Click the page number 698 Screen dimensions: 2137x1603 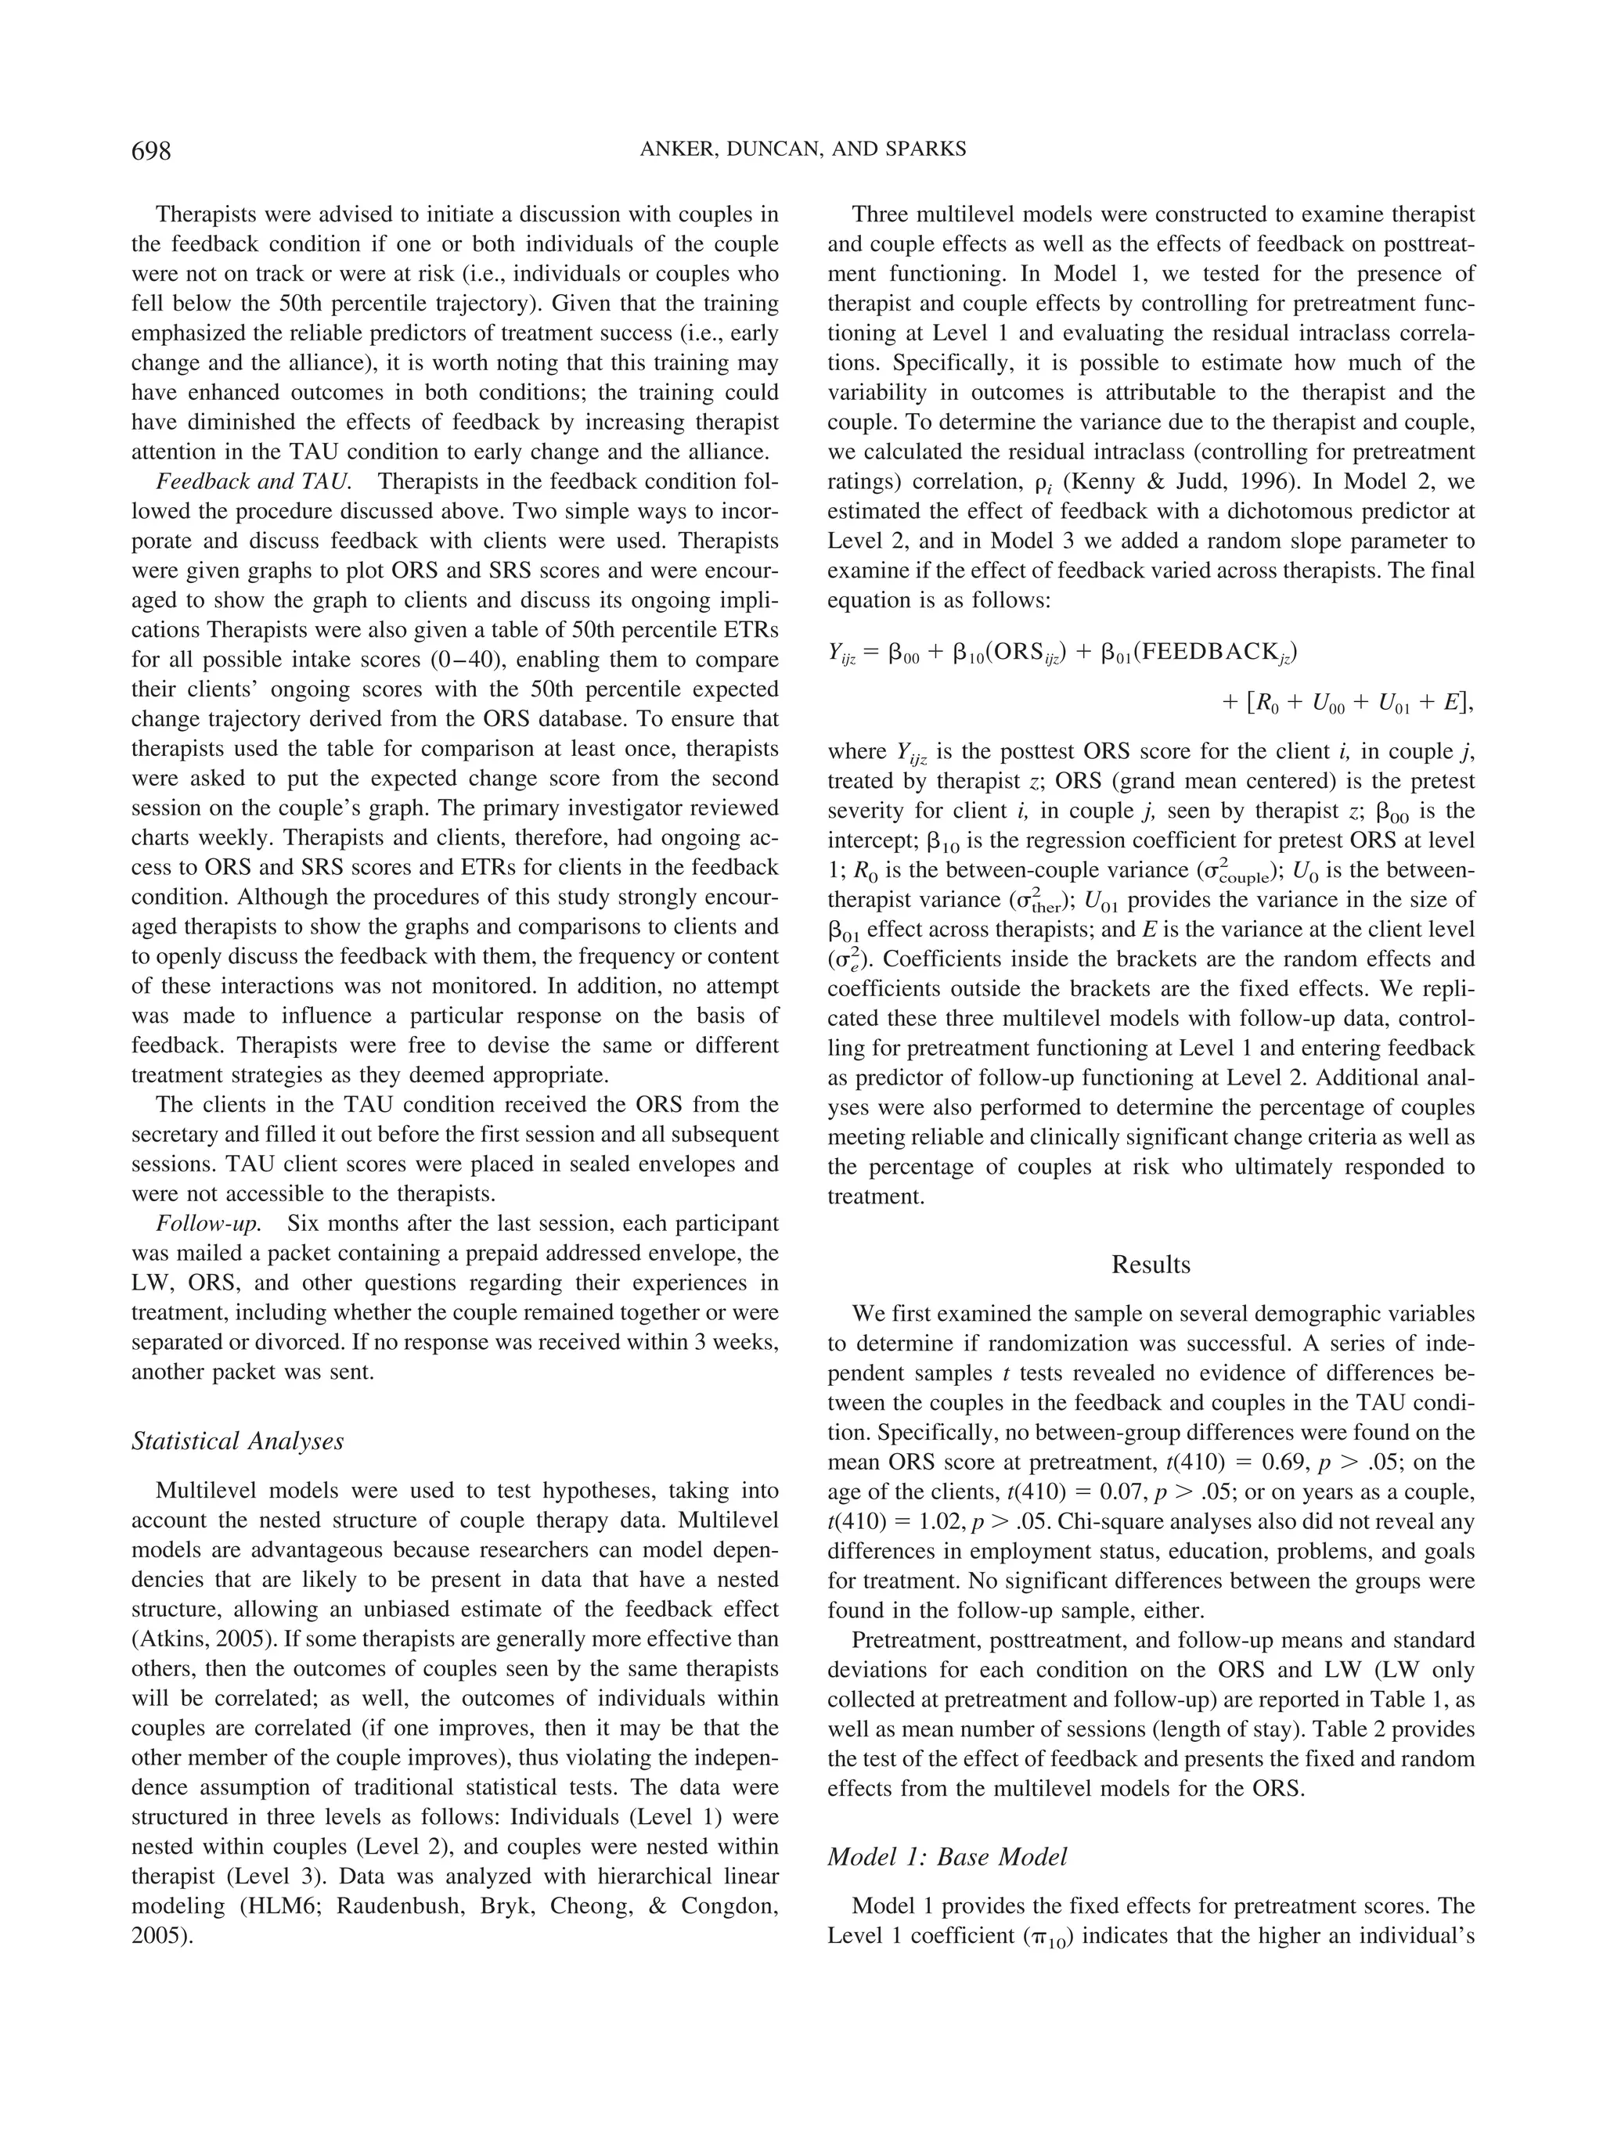pos(151,151)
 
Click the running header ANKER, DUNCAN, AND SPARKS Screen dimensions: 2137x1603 pos(802,149)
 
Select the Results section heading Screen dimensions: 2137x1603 pos(1151,1265)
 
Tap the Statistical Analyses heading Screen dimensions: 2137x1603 pos(238,1441)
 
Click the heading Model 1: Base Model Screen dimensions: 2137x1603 pos(947,1857)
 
